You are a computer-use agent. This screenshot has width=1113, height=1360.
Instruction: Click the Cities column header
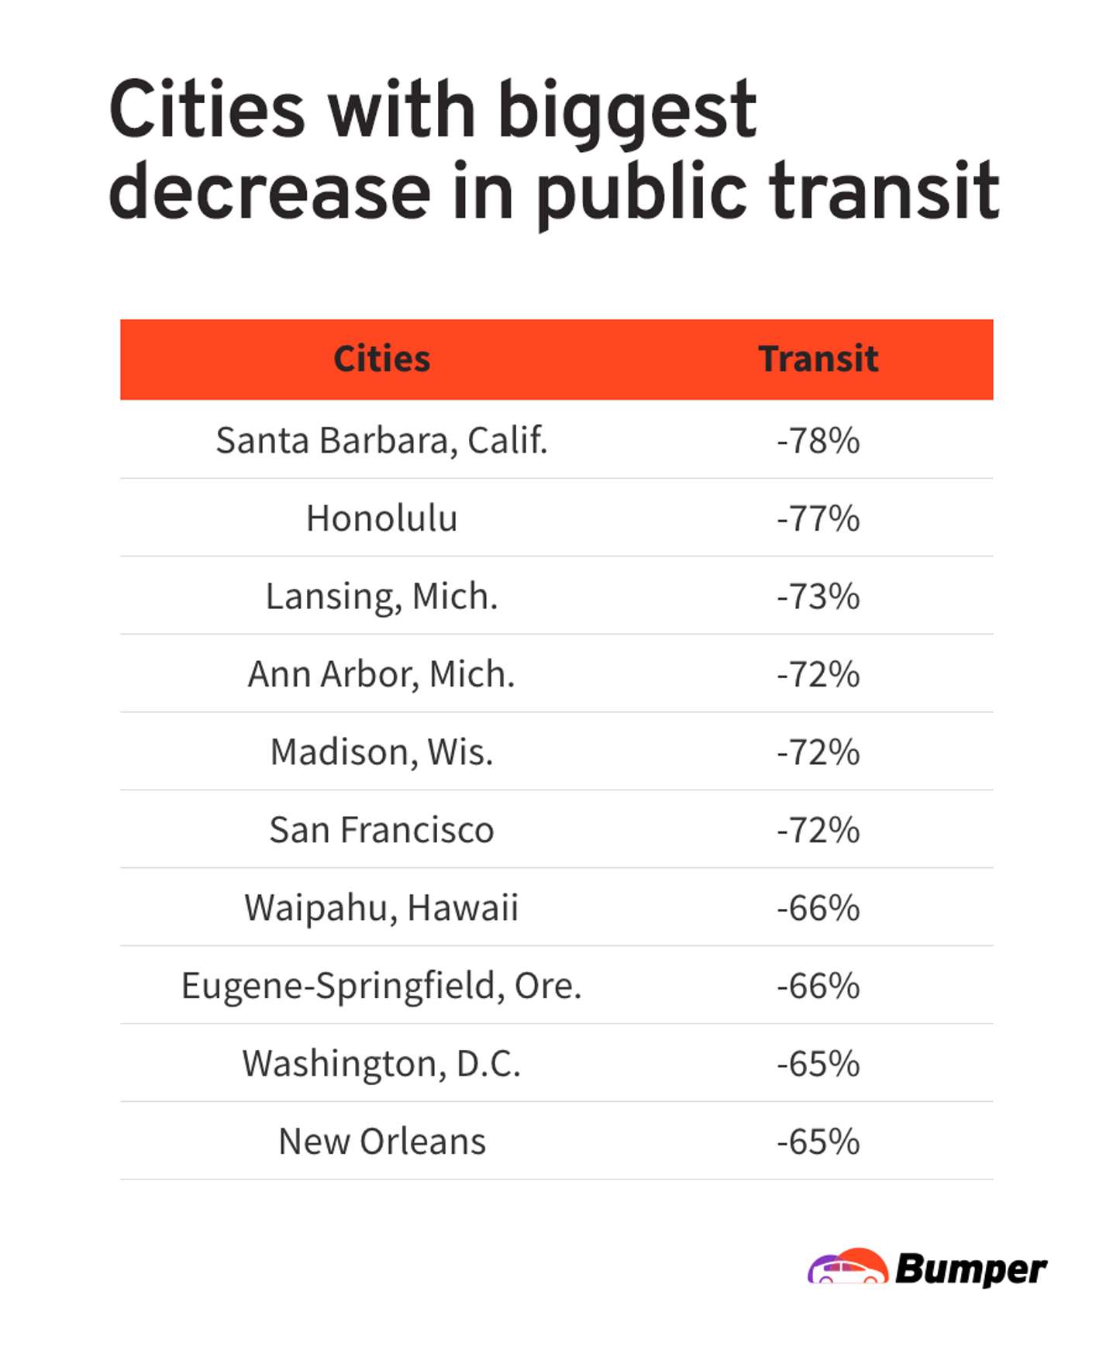click(381, 359)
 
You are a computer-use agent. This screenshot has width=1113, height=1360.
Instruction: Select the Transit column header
click(818, 359)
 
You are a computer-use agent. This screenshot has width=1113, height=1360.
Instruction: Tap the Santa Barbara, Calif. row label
click(381, 440)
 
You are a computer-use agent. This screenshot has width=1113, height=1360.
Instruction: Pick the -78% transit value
click(818, 440)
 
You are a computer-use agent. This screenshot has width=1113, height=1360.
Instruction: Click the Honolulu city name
click(381, 518)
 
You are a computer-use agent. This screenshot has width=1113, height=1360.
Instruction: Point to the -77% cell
click(818, 518)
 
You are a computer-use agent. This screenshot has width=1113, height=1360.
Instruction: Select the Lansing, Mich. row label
click(381, 596)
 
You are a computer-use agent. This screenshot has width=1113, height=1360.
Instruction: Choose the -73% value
click(818, 596)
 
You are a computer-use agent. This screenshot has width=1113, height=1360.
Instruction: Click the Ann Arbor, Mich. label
click(381, 673)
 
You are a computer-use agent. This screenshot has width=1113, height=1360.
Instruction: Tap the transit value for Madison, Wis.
click(818, 752)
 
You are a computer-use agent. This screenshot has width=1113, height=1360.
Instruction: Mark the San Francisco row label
click(381, 829)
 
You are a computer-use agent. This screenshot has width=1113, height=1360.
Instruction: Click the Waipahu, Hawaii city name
click(381, 907)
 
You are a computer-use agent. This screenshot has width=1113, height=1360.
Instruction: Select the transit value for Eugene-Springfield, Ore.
click(818, 986)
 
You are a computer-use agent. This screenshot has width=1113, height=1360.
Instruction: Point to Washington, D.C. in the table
click(381, 1063)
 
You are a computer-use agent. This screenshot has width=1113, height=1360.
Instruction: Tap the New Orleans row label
click(381, 1141)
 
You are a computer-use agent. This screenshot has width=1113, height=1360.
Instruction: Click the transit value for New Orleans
click(818, 1141)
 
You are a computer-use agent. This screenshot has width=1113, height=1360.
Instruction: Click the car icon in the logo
click(847, 1268)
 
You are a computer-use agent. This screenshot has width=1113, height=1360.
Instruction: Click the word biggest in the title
click(626, 112)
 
